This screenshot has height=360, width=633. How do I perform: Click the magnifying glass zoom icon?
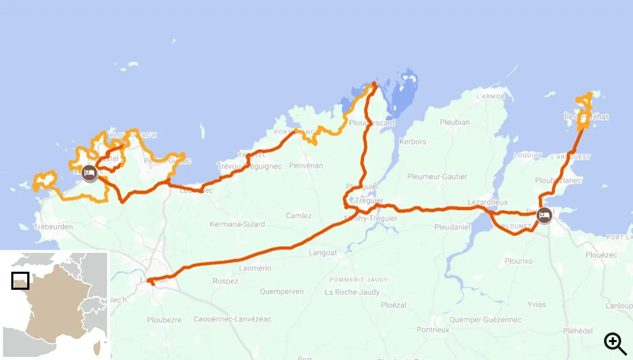click(615, 344)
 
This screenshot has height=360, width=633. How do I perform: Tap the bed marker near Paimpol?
click(544, 215)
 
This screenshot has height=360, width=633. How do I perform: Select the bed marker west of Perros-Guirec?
click(90, 173)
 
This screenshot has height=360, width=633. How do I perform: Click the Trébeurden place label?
click(53, 227)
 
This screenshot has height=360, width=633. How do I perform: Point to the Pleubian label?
click(455, 122)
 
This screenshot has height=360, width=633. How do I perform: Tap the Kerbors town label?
click(413, 142)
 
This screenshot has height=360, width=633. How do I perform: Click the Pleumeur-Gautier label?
click(437, 176)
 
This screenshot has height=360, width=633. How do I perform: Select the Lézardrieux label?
click(487, 202)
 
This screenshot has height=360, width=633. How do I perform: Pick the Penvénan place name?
click(306, 166)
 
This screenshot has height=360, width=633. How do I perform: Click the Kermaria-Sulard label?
click(237, 224)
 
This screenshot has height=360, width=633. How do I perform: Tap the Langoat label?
click(323, 252)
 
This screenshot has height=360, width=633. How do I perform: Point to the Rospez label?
click(225, 281)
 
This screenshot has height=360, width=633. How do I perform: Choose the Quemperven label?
click(281, 292)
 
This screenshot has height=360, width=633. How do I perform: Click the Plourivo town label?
click(518, 261)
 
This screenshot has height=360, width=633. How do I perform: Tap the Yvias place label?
click(536, 304)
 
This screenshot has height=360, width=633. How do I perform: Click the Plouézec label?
click(601, 255)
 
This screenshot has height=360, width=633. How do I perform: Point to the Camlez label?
click(299, 216)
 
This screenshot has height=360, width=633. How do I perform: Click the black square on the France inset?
click(20, 281)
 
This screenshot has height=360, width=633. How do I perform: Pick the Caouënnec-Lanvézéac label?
click(232, 319)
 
